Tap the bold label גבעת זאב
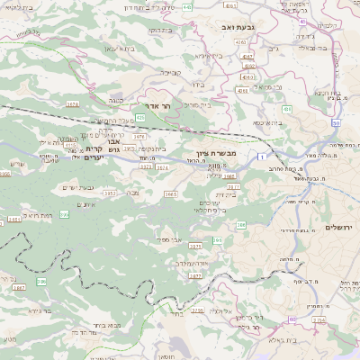click(237, 28)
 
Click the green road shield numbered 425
click(140, 118)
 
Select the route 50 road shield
click(336, 121)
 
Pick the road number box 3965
click(169, 193)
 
